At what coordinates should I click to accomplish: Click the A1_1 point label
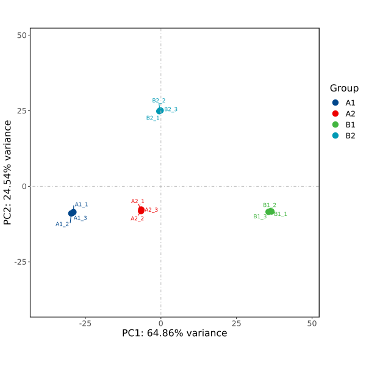pyautogui.click(x=81, y=205)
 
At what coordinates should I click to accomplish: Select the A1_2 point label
pyautogui.click(x=62, y=224)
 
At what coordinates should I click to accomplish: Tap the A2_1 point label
pyautogui.click(x=137, y=201)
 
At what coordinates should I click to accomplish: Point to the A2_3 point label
pyautogui.click(x=151, y=210)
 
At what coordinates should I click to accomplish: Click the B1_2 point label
pyautogui.click(x=270, y=205)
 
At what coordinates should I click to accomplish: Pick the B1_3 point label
pyautogui.click(x=260, y=217)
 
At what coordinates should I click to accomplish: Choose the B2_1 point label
pyautogui.click(x=152, y=118)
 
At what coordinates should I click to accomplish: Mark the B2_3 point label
pyautogui.click(x=171, y=110)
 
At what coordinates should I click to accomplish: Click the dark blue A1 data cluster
pyautogui.click(x=72, y=213)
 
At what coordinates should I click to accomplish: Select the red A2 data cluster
pyautogui.click(x=141, y=210)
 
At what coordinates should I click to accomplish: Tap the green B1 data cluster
pyautogui.click(x=270, y=212)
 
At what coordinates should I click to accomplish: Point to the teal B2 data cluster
pyautogui.click(x=160, y=110)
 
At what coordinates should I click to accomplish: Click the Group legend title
pyautogui.click(x=344, y=88)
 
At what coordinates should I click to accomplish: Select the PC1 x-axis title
pyautogui.click(x=174, y=333)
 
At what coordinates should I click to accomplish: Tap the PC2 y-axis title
pyautogui.click(x=8, y=172)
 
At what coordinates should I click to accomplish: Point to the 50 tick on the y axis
pyautogui.click(x=22, y=35)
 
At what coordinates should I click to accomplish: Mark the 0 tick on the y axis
pyautogui.click(x=24, y=187)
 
